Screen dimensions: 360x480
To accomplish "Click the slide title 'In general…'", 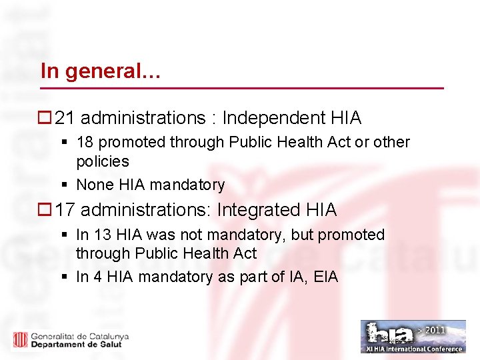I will click(100, 71).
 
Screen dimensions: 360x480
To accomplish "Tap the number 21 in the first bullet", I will click(65, 119).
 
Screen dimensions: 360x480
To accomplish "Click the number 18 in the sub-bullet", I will click(85, 142).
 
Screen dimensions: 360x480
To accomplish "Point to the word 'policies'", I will click(102, 161).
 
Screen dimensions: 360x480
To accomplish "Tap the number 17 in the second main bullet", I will click(65, 210).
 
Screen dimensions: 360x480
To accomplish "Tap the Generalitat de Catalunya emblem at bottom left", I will click(20, 339).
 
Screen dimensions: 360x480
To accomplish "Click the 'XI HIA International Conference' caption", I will click(413, 349).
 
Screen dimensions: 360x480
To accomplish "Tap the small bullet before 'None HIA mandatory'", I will click(65, 185).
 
